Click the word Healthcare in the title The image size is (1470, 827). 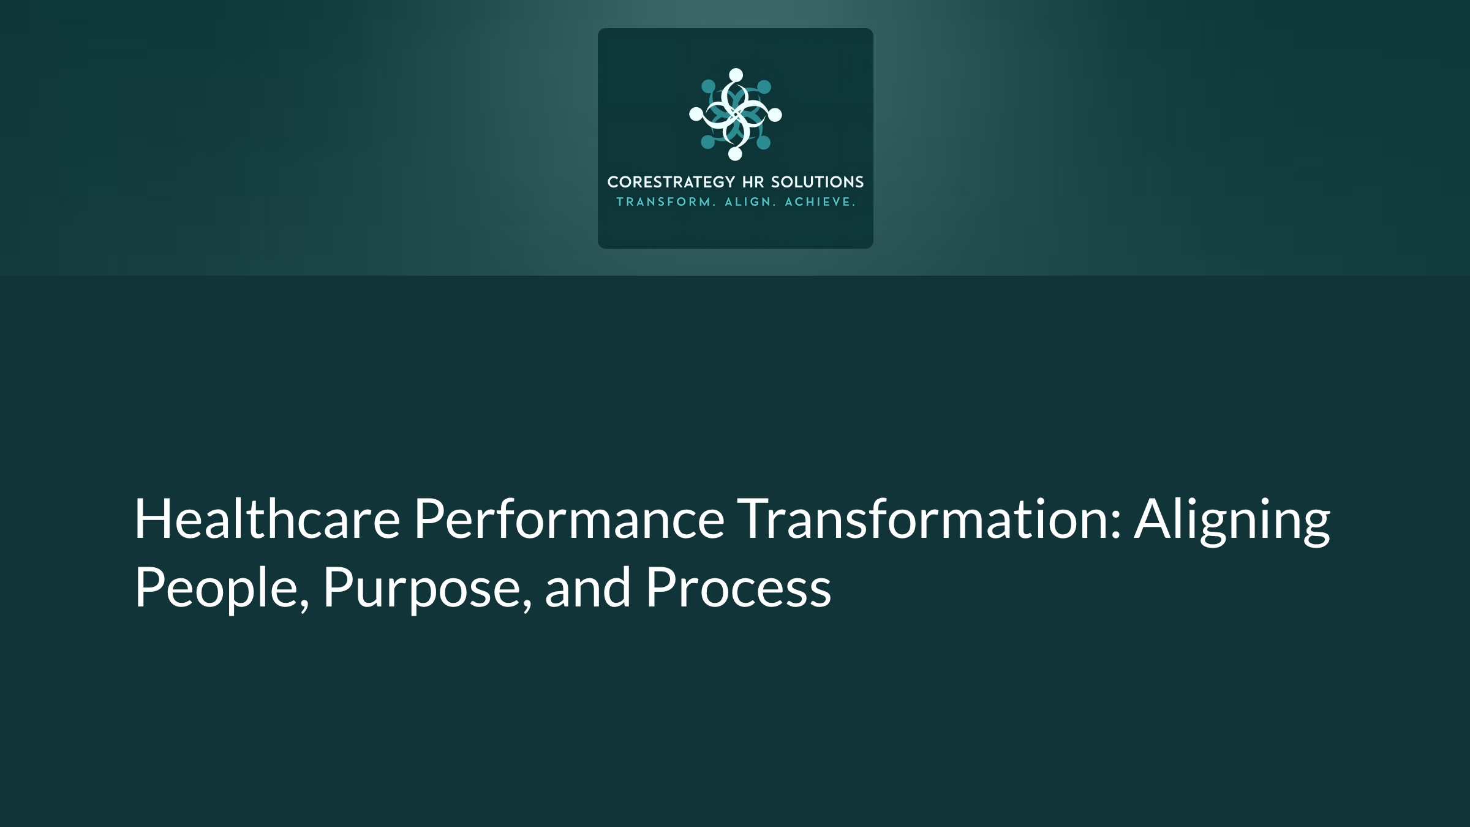coord(267,519)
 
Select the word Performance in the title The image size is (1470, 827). coord(569,519)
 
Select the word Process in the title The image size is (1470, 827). coord(738,588)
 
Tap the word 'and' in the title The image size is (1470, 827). coord(587,588)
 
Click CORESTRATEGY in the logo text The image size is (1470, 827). coord(671,182)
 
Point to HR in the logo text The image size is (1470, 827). coord(753,182)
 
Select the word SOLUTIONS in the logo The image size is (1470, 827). coord(817,182)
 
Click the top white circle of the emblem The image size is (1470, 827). coord(736,75)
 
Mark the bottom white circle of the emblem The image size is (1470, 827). coord(735,154)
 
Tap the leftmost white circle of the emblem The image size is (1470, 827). coord(696,114)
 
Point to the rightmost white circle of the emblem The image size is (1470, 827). coord(775,115)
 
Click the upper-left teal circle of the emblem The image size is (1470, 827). coord(708,86)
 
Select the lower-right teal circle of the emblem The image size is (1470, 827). coord(763,143)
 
